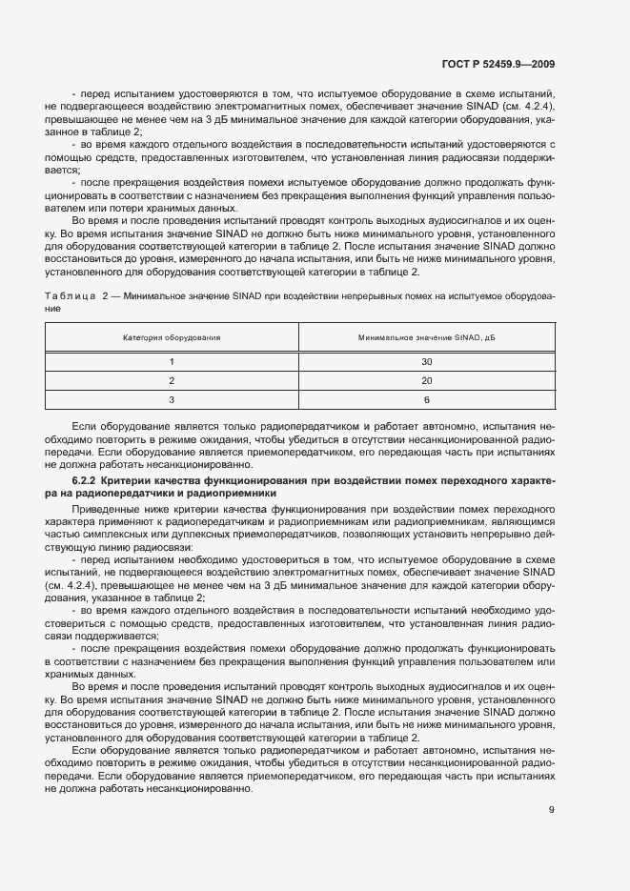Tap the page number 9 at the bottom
point(552,810)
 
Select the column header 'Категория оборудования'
point(173,337)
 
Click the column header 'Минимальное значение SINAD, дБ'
point(427,337)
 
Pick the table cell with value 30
point(427,362)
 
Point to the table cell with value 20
point(427,381)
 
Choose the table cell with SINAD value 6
point(427,400)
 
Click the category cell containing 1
point(173,362)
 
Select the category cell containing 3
point(173,400)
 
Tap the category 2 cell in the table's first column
point(173,381)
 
